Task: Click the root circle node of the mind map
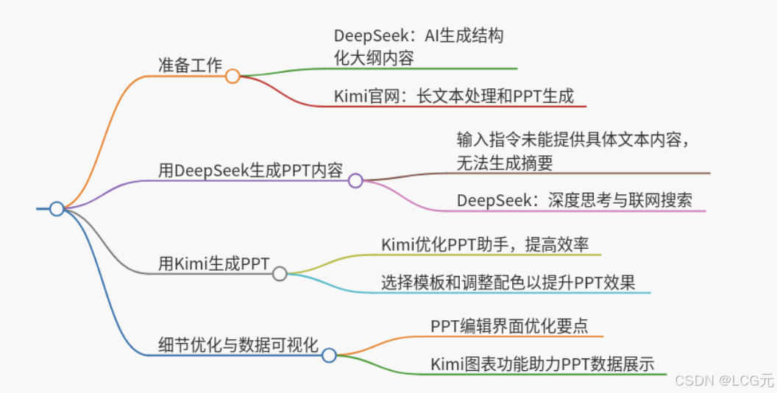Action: pyautogui.click(x=57, y=209)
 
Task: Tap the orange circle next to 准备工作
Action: pyautogui.click(x=233, y=76)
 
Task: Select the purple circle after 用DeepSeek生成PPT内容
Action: pyautogui.click(x=355, y=180)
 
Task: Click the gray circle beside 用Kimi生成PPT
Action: pyautogui.click(x=280, y=274)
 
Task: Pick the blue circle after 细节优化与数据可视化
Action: pyautogui.click(x=329, y=355)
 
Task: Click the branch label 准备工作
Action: pyautogui.click(x=190, y=65)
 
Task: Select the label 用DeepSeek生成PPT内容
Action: pyautogui.click(x=251, y=170)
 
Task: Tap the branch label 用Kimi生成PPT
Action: pyautogui.click(x=214, y=263)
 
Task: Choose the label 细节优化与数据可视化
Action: pyautogui.click(x=238, y=345)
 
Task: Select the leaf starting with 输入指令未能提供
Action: pyautogui.click(x=573, y=139)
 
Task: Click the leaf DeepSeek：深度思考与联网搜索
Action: pyautogui.click(x=574, y=200)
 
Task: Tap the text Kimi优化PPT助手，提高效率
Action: pyautogui.click(x=485, y=244)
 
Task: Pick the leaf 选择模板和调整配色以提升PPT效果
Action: pyautogui.click(x=508, y=282)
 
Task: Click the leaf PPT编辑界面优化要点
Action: pyautogui.click(x=509, y=326)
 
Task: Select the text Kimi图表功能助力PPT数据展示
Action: pyautogui.click(x=542, y=364)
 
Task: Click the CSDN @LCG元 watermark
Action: pyautogui.click(x=724, y=380)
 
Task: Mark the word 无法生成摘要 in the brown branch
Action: pyautogui.click(x=505, y=163)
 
